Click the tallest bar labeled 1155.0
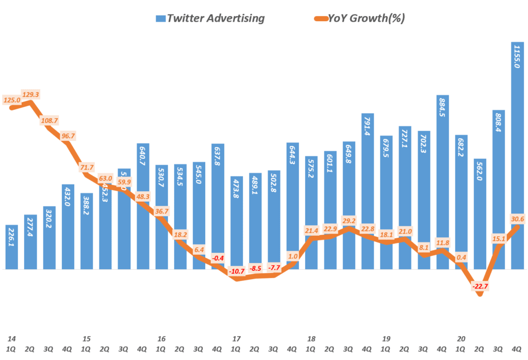pos(518,155)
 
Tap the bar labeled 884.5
pos(443,181)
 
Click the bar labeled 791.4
pos(368,191)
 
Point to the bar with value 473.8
pos(237,222)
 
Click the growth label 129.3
pos(30,95)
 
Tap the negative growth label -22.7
pos(480,287)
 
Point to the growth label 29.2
pos(349,221)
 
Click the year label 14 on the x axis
pos(11,339)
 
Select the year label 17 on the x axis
pos(237,339)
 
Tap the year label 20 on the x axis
pos(461,339)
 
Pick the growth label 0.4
pos(461,257)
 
